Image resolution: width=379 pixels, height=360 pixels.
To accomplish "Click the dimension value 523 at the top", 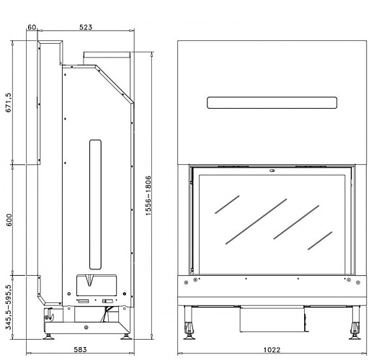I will [86, 27].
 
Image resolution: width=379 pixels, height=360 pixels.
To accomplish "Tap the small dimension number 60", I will [32, 27].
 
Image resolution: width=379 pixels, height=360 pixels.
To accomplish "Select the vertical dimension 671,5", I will [9, 103].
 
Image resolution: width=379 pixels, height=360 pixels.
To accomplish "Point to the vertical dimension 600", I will [9, 220].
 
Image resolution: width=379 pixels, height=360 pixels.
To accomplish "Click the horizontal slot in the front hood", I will [272, 102].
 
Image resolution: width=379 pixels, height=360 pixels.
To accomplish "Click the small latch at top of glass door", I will [271, 171].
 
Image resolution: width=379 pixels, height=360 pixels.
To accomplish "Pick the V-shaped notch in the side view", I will [91, 279].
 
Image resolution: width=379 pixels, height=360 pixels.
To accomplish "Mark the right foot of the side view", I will [125, 333].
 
